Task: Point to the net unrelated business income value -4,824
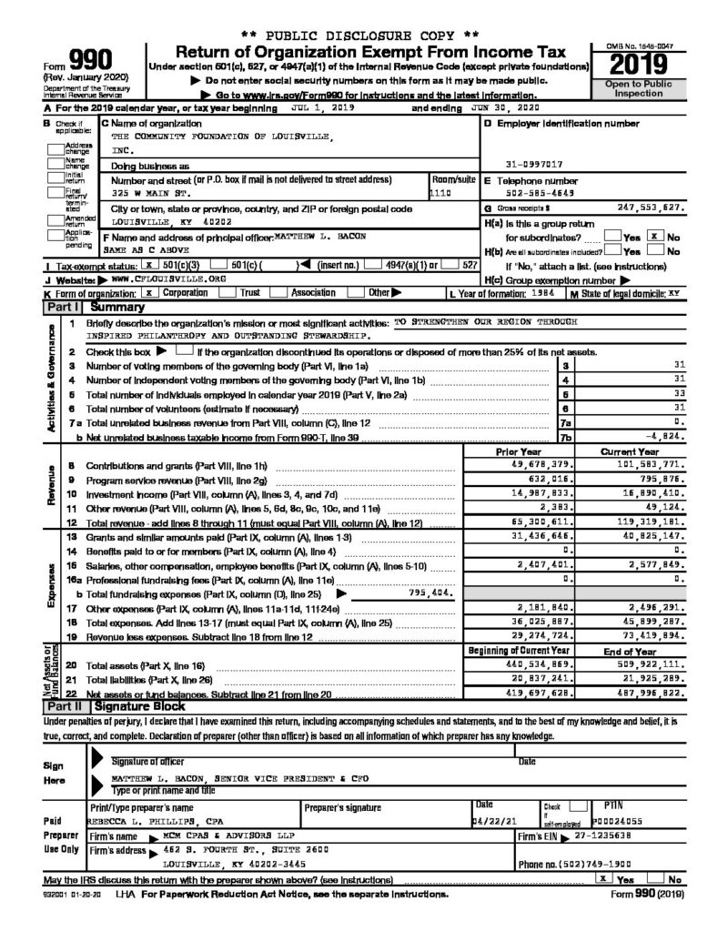point(662,437)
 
